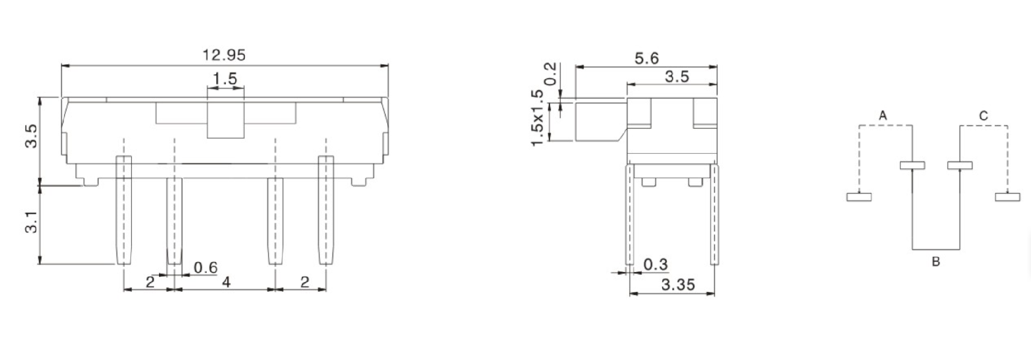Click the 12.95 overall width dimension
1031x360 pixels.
click(x=224, y=55)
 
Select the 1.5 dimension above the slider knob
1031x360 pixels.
click(x=225, y=79)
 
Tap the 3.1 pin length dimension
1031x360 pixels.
click(x=31, y=223)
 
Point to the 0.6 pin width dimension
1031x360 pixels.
click(x=205, y=267)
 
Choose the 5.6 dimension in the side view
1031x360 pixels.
click(x=647, y=58)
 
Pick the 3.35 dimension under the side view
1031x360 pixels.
click(x=678, y=285)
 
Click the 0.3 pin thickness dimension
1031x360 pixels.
click(x=655, y=264)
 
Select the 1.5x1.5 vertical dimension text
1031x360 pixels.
click(x=538, y=117)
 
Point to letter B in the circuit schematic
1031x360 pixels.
click(x=935, y=262)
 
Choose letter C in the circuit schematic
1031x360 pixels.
click(x=983, y=117)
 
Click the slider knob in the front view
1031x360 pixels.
click(x=225, y=119)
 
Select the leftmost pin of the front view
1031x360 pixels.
click(x=123, y=210)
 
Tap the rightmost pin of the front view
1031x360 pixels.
click(x=325, y=210)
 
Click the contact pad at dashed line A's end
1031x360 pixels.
click(x=859, y=197)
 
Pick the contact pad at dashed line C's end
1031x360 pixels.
click(x=1007, y=197)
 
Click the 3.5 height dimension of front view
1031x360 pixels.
click(x=31, y=136)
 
